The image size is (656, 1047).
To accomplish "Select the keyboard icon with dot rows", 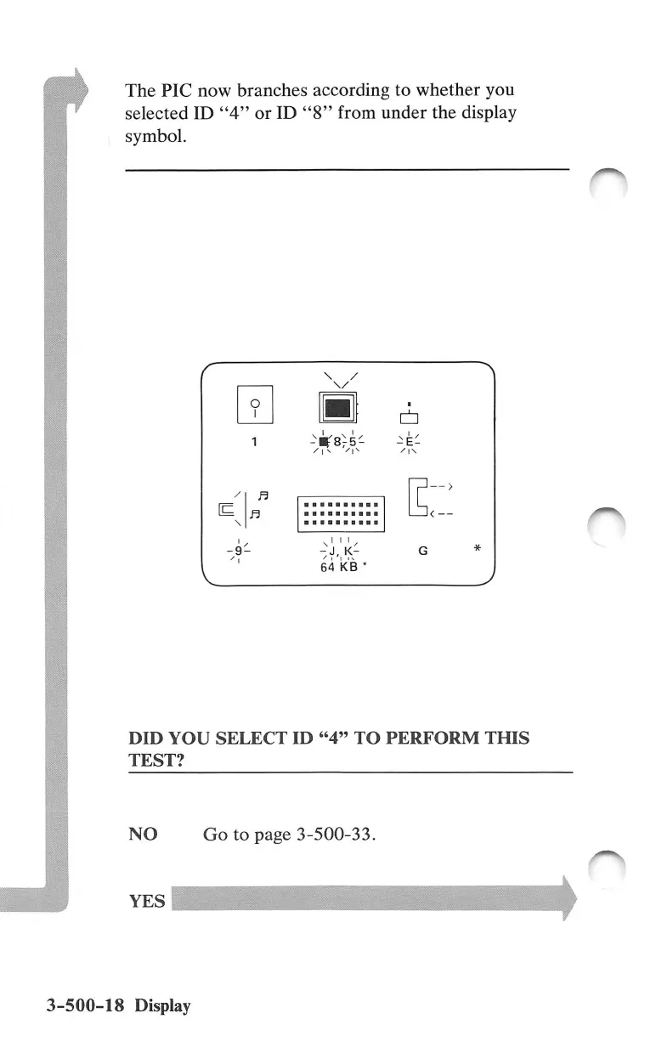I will coord(341,514).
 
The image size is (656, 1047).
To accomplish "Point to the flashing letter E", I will coord(410,443).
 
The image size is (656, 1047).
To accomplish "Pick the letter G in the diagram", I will coord(423,552).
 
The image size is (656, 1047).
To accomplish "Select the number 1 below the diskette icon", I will coord(254,442).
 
